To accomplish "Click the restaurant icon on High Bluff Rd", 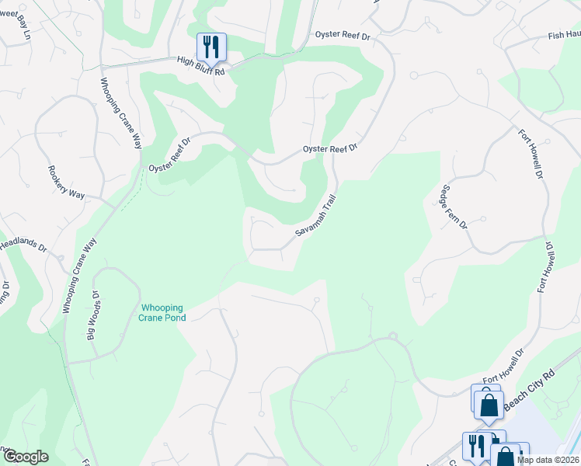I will point(210,47).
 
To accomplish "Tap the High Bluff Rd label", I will point(200,65).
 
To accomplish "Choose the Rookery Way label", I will point(60,183).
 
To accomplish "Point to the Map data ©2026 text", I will point(548,459).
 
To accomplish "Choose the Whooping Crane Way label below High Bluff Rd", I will point(121,117).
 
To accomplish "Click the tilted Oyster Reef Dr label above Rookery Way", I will point(170,156).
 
